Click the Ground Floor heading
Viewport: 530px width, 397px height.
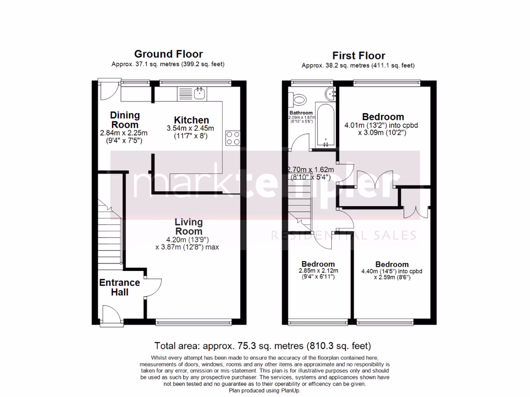pyautogui.click(x=168, y=54)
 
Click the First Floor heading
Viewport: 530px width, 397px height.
pyautogui.click(x=358, y=55)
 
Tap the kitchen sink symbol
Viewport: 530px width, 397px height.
pyautogui.click(x=192, y=94)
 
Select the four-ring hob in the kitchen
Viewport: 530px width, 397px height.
pyautogui.click(x=233, y=138)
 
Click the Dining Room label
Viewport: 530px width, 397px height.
pyautogui.click(x=125, y=120)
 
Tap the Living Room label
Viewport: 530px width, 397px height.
pyautogui.click(x=188, y=226)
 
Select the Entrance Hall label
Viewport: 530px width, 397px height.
pyautogui.click(x=120, y=287)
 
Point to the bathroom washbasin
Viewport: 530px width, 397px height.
pyautogui.click(x=331, y=93)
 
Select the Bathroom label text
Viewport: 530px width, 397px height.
pyautogui.click(x=301, y=113)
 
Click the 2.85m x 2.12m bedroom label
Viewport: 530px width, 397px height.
pyautogui.click(x=318, y=264)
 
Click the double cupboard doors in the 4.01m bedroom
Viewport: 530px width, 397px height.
pyautogui.click(x=382, y=180)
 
